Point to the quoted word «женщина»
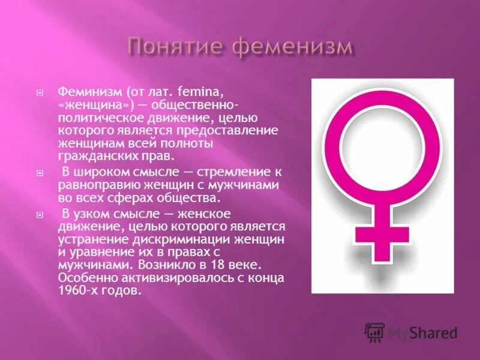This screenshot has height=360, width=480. pos(86,104)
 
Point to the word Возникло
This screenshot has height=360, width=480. pos(163,265)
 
